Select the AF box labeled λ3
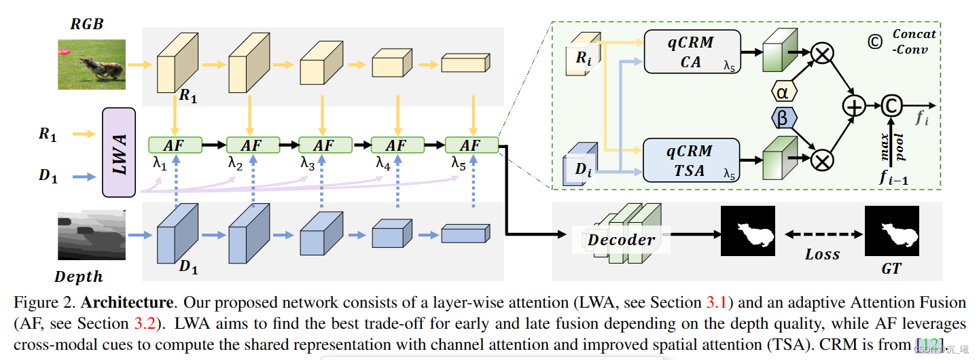pyautogui.click(x=325, y=145)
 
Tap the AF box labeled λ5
pyautogui.click(x=471, y=145)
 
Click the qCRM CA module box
pyautogui.click(x=691, y=52)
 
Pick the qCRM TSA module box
pyautogui.click(x=691, y=160)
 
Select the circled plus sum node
pyautogui.click(x=853, y=105)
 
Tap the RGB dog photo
pyautogui.click(x=92, y=64)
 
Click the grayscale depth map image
pyautogui.click(x=92, y=235)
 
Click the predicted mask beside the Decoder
pyautogui.click(x=747, y=232)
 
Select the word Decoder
pyautogui.click(x=621, y=239)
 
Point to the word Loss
pyautogui.click(x=822, y=255)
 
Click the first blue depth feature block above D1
pyautogui.click(x=175, y=234)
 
